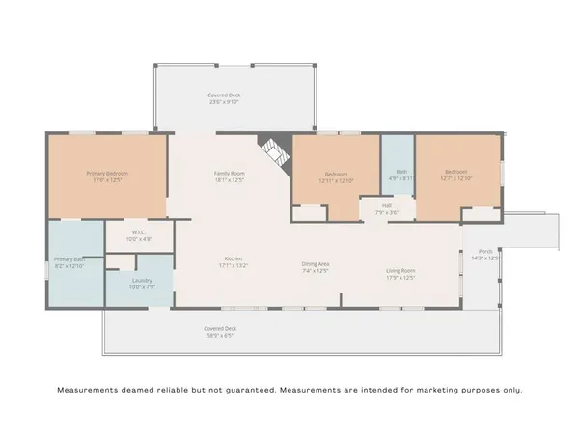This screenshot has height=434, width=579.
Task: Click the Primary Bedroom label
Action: [109, 173]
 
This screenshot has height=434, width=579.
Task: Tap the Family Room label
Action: [230, 173]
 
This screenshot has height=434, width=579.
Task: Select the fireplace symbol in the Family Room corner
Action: [274, 151]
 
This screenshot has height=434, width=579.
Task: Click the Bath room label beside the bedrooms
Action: [398, 172]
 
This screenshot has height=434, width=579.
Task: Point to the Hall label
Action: [386, 204]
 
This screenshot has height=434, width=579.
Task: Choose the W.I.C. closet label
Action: [140, 232]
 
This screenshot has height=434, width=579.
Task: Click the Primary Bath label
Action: [69, 259]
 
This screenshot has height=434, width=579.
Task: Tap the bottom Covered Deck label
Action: [220, 328]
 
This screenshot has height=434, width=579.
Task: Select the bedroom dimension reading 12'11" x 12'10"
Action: [337, 180]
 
